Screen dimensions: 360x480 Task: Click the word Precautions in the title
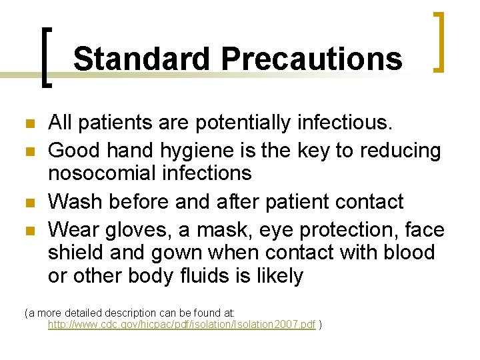(x=311, y=59)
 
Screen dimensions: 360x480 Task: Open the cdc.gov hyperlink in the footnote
(x=181, y=325)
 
